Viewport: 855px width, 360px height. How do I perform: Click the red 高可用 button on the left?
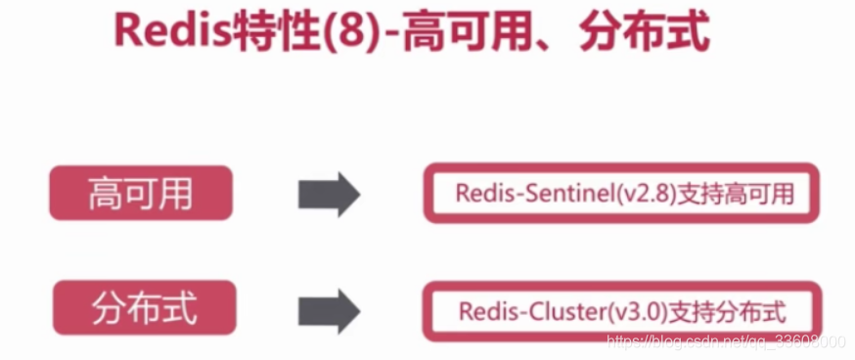(141, 193)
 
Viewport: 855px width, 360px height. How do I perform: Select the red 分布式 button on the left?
(141, 308)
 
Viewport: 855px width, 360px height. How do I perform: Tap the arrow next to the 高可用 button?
(329, 194)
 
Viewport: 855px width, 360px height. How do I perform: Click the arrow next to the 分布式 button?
(329, 310)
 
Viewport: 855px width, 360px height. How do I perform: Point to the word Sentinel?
(568, 194)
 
